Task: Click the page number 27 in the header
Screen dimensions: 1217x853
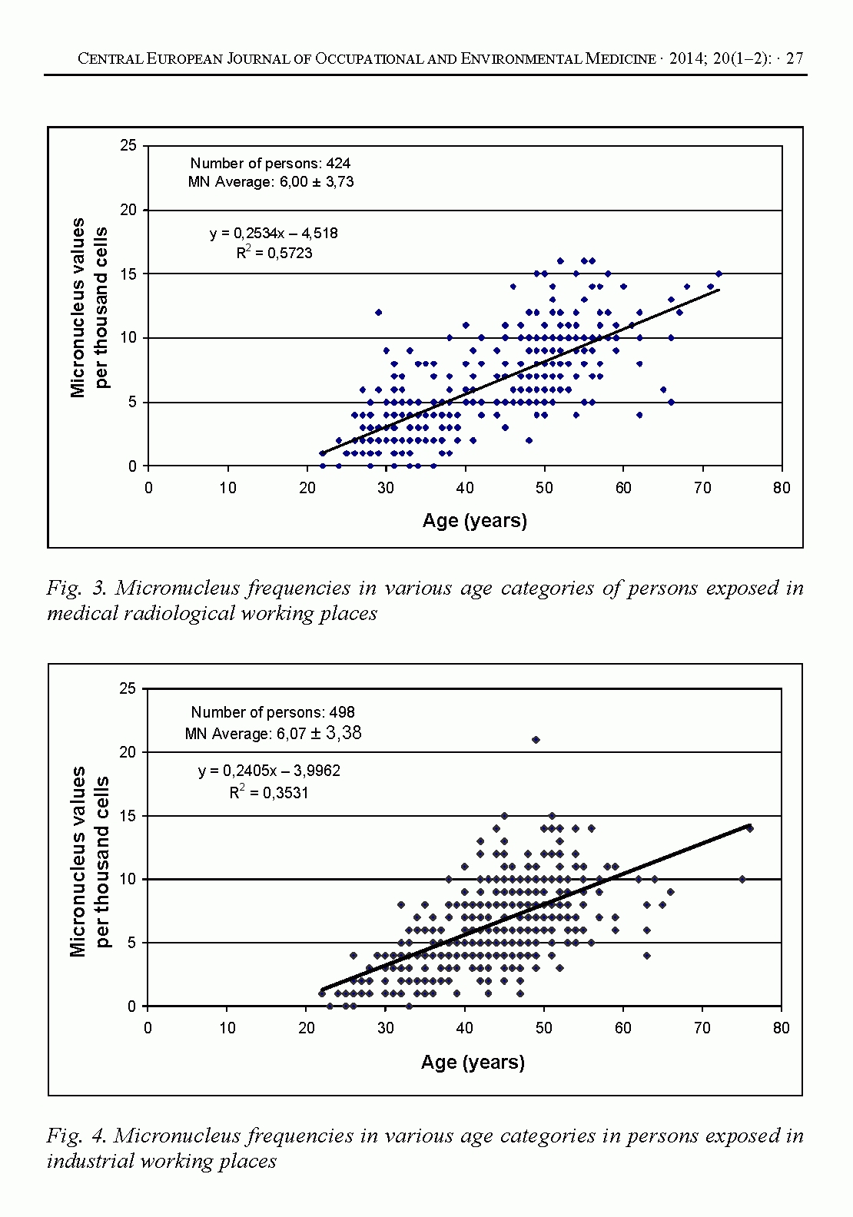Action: coord(795,59)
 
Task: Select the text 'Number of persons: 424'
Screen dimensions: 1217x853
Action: coord(271,163)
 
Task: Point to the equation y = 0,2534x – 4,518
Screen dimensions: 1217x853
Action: coord(274,233)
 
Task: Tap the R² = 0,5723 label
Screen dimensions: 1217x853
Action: coord(274,253)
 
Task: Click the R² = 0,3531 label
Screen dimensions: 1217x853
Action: coord(269,792)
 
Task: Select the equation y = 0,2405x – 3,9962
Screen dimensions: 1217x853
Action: coord(269,771)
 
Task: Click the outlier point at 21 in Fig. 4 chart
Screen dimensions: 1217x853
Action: coord(536,740)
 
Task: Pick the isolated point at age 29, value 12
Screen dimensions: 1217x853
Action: coord(378,312)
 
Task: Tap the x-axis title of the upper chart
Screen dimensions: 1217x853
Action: coord(475,521)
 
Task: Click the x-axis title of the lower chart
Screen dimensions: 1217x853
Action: coord(473,1063)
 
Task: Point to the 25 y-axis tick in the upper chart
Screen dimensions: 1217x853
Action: coord(128,146)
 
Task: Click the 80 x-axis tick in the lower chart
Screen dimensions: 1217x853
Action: coord(781,1029)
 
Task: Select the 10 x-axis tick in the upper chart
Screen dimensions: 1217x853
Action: coord(227,489)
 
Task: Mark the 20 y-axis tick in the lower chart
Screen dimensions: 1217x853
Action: coord(128,752)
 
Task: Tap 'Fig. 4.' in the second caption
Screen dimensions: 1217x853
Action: coord(75,1136)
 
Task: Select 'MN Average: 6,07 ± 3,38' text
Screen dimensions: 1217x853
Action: coord(273,734)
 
